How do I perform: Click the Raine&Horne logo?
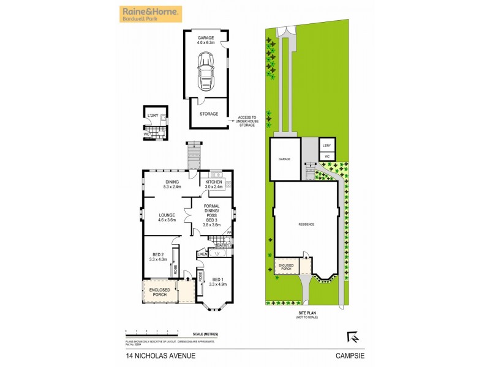tap(151, 13)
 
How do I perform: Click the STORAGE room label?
tap(209, 114)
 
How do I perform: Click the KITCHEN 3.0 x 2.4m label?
tap(214, 185)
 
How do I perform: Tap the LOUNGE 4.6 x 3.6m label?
tap(167, 217)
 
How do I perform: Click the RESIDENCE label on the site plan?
tap(306, 224)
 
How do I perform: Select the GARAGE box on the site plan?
tap(285, 159)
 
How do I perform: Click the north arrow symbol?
tap(352, 336)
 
